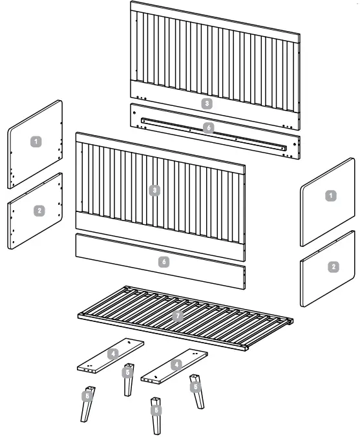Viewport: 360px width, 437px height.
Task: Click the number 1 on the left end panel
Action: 37,140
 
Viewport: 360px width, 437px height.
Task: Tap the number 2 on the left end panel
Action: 39,210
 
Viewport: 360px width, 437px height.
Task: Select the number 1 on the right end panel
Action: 330,195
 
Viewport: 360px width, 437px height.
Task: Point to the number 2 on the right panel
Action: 333,266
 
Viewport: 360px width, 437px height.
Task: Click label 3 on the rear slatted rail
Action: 206,103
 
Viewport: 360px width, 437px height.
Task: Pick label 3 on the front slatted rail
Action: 154,190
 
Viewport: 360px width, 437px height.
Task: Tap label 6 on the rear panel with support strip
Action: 208,128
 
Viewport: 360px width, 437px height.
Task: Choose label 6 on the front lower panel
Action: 164,262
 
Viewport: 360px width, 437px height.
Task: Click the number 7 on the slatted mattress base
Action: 178,315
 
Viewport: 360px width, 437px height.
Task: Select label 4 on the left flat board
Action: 113,354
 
